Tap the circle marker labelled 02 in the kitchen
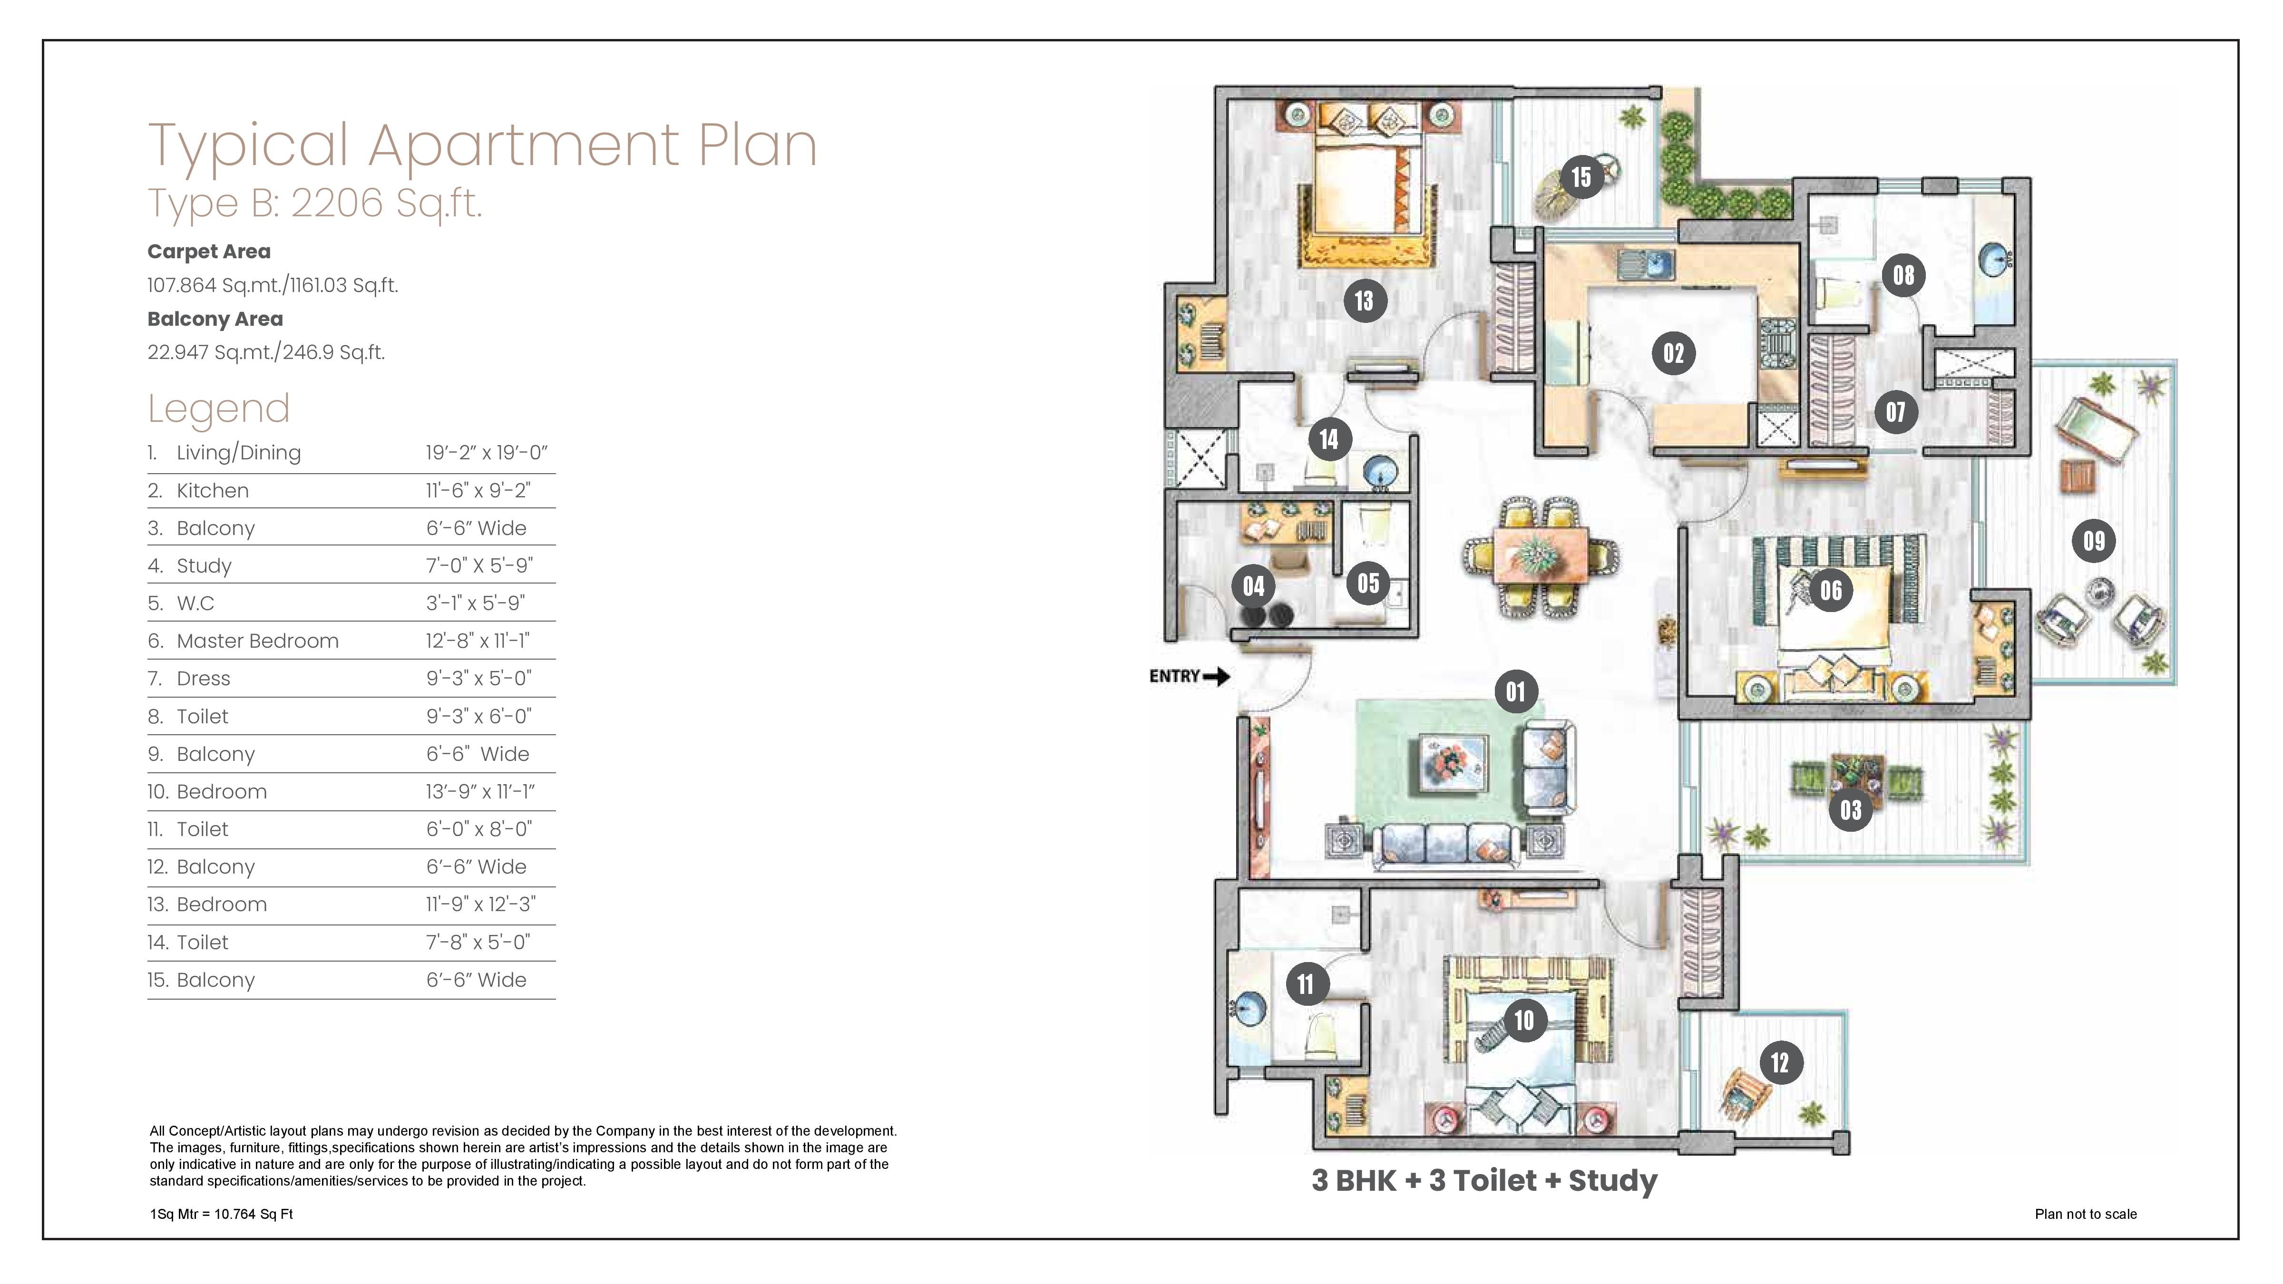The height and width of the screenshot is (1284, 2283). (x=1673, y=353)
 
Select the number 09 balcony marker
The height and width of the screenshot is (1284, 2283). (x=2093, y=541)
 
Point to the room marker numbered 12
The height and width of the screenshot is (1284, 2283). (x=1780, y=1062)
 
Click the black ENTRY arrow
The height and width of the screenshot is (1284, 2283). (x=1217, y=677)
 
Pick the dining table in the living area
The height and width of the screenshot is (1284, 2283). (x=1541, y=556)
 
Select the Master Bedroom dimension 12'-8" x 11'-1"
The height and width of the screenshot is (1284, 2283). (x=478, y=641)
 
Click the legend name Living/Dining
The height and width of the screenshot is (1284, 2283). (x=238, y=453)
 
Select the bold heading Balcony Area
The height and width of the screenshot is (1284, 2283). (x=215, y=319)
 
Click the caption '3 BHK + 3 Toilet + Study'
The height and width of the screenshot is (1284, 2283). (x=1484, y=1180)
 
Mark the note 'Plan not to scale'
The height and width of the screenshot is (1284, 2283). (x=2085, y=1214)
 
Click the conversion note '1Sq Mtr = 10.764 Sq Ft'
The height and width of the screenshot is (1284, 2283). (x=222, y=1214)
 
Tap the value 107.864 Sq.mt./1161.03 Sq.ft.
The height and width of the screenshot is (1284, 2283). (x=273, y=285)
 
